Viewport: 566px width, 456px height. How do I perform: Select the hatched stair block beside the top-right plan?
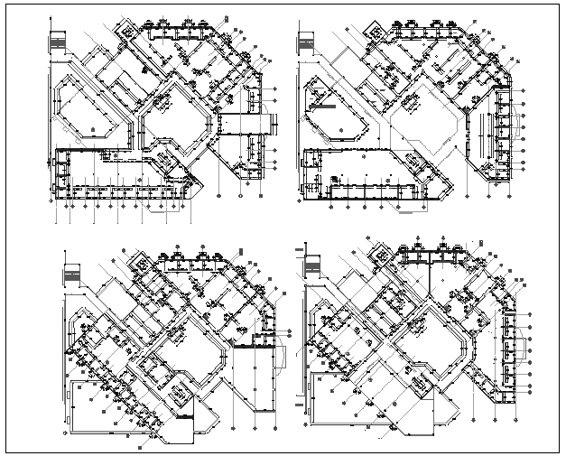click(x=307, y=42)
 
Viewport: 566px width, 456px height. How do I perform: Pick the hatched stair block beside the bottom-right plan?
click(x=313, y=268)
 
